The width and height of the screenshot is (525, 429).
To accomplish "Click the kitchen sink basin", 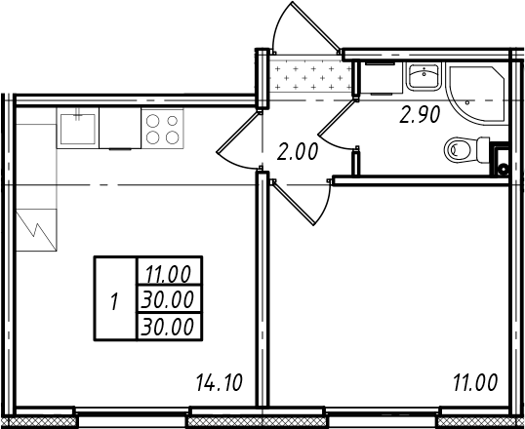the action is click(78, 128).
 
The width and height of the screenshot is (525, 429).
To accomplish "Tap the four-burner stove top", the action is click(162, 129).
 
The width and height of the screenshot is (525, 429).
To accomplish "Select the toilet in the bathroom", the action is click(467, 149).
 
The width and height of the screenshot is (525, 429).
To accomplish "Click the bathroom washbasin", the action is click(424, 76).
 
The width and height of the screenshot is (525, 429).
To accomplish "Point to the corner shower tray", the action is click(477, 96).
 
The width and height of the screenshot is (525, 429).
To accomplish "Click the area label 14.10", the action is click(219, 383).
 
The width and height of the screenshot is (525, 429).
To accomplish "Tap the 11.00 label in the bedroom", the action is click(475, 383).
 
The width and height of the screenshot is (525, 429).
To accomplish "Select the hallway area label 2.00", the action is click(297, 151).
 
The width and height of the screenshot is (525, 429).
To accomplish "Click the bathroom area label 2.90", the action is click(420, 115).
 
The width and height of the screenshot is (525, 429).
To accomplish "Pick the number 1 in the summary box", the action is click(114, 301).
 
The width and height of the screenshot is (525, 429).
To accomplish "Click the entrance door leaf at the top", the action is click(316, 26).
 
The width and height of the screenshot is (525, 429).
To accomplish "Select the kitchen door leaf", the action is click(238, 132).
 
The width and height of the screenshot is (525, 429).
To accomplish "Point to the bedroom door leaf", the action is click(294, 204).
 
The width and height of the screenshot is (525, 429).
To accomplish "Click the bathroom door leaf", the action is click(337, 117).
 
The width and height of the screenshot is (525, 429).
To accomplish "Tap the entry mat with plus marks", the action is click(312, 78).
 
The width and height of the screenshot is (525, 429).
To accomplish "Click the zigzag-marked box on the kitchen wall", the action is click(36, 230).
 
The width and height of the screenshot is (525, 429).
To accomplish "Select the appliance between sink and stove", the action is click(120, 128).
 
